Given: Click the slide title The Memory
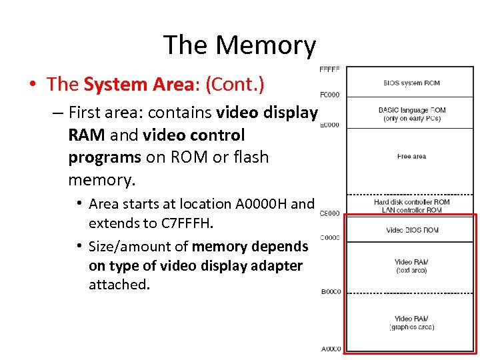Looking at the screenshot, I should [239, 45].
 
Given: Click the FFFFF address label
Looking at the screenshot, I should [330, 69].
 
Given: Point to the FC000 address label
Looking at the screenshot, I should [330, 95].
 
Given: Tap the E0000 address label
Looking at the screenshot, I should [330, 125].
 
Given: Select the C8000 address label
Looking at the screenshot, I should [330, 214].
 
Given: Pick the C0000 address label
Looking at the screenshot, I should [330, 238].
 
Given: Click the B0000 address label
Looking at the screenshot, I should [331, 292].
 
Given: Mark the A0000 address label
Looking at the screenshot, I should [331, 349].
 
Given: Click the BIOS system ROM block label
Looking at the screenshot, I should [411, 83].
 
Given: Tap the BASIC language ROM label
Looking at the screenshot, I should [411, 110].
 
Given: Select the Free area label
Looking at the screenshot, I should [411, 157].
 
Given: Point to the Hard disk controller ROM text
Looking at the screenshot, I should [411, 202].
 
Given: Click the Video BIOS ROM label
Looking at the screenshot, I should [412, 231].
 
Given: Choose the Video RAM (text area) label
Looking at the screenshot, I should [411, 266].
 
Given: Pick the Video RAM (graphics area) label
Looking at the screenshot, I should [411, 323].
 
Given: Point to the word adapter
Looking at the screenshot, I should [273, 266].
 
